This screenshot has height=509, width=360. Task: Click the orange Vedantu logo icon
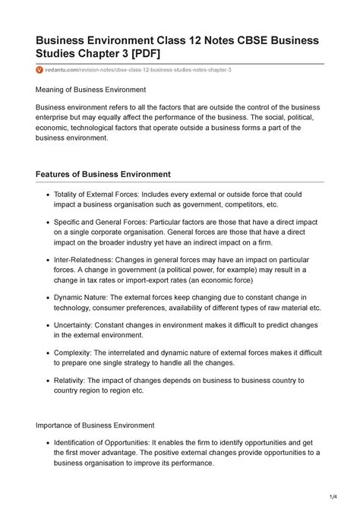pyautogui.click(x=40, y=70)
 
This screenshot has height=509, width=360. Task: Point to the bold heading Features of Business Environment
pyautogui.click(x=103, y=174)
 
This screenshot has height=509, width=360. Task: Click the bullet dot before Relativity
pyautogui.click(x=47, y=381)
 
